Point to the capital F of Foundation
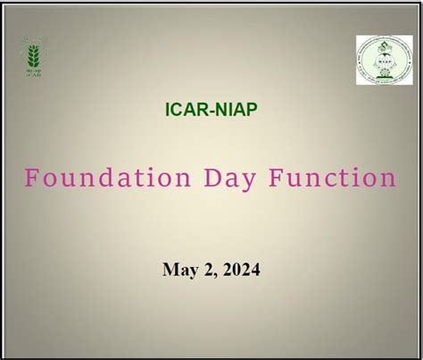coord(30,178)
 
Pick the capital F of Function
coord(265,178)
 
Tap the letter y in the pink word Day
coord(229,181)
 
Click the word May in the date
coord(178,269)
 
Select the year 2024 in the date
coord(240,268)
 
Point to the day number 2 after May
coord(205,268)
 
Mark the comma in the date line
coord(212,273)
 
